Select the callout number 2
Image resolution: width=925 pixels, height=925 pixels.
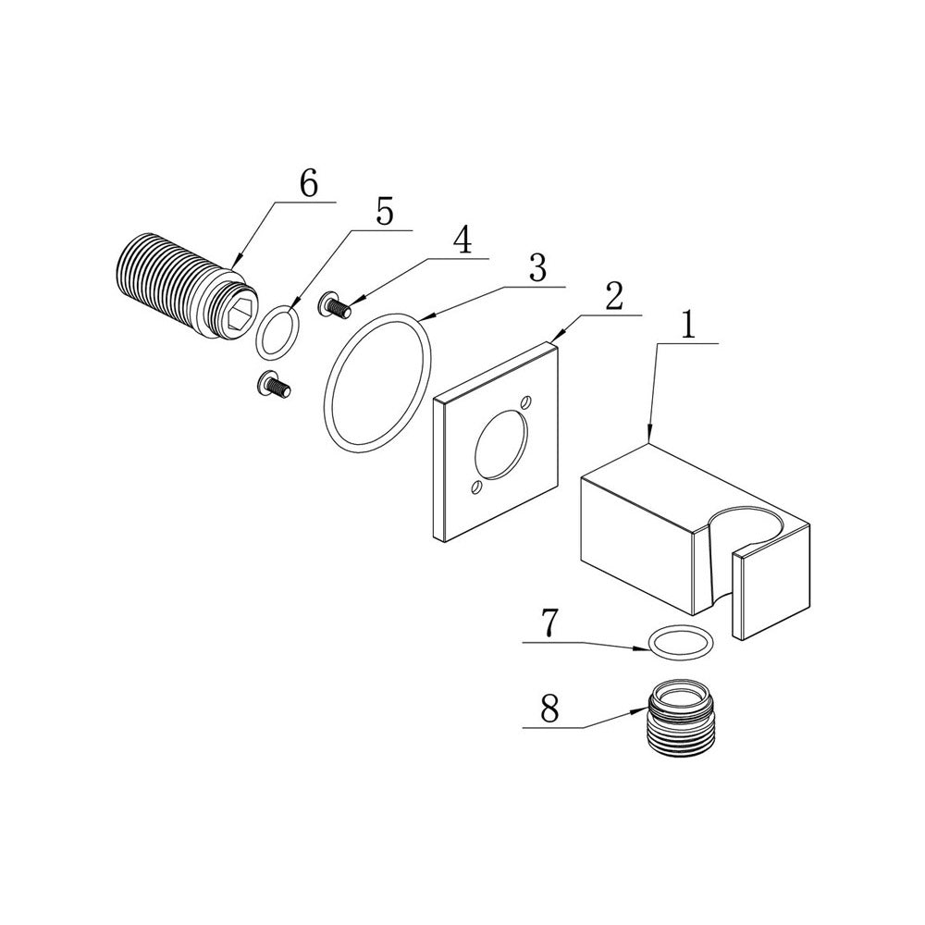tap(613, 297)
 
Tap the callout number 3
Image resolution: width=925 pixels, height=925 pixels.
tap(536, 268)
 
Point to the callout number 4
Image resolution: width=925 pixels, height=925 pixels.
tap(462, 240)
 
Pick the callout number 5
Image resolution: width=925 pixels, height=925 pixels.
tap(385, 212)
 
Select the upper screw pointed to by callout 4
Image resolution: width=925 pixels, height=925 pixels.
tap(335, 305)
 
